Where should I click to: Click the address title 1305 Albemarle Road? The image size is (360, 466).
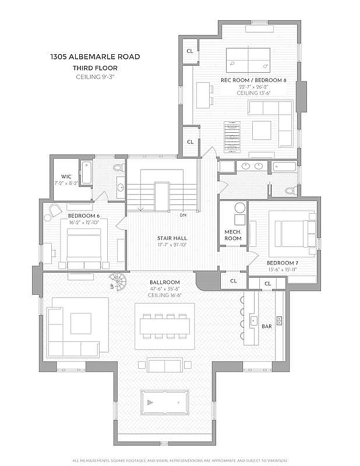pyautogui.click(x=94, y=57)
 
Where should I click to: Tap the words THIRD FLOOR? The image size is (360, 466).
pyautogui.click(x=94, y=68)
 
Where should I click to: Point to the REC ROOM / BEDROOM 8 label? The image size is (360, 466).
pyautogui.click(x=253, y=80)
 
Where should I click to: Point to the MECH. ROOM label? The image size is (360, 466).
pyautogui.click(x=233, y=235)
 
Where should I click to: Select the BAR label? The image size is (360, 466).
pyautogui.click(x=266, y=327)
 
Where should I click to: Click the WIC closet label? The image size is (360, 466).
pyautogui.click(x=66, y=177)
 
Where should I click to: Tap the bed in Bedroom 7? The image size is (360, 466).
pyautogui.click(x=288, y=233)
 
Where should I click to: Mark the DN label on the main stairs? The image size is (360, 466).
pyautogui.click(x=182, y=215)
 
